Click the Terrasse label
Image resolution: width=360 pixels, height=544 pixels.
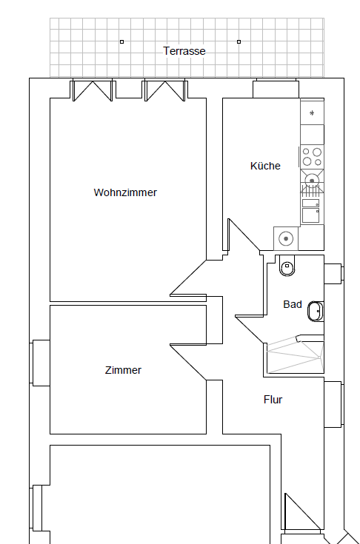pos(184,51)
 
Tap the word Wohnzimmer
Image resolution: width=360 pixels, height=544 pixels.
pos(125,192)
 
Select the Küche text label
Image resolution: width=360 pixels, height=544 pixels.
pos(265,166)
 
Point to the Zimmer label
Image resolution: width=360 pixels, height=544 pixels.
pos(123,370)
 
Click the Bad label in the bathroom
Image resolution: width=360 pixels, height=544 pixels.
pos(293,304)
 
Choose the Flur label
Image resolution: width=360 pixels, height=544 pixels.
pos(273,400)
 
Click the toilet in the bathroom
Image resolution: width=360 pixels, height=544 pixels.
pos(287,266)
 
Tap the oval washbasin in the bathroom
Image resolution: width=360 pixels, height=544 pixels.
pos(316,311)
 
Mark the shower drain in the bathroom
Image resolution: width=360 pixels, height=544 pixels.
pos(319,357)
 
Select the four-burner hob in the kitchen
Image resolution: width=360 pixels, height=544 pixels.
pos(312,157)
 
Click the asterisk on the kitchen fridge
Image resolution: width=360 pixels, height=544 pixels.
pos(312,113)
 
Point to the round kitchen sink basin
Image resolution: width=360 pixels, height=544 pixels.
pos(312,181)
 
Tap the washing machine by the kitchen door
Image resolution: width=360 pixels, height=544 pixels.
pos(286,238)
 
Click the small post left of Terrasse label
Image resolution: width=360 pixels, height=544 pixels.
pos(121,42)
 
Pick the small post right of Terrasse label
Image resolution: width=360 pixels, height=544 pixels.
pos(239,42)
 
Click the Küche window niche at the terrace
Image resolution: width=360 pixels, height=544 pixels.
pos(276,88)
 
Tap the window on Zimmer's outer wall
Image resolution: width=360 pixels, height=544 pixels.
pos(40,363)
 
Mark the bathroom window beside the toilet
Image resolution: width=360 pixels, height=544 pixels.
pos(334,274)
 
